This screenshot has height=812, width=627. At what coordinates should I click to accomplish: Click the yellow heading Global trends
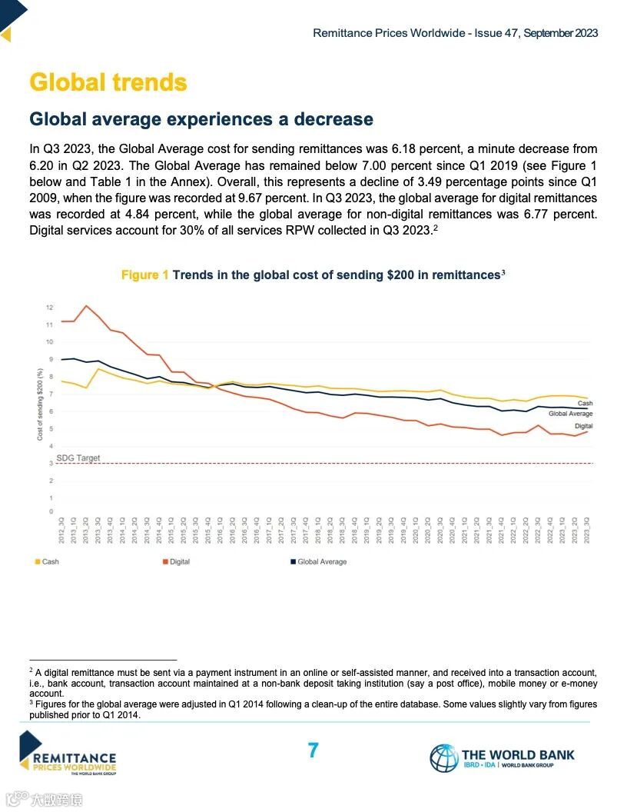[x=108, y=82]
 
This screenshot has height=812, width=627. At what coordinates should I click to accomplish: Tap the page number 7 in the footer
[x=313, y=750]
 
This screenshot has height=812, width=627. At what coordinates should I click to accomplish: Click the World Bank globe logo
[x=443, y=757]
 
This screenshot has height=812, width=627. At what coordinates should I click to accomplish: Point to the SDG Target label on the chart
[x=78, y=458]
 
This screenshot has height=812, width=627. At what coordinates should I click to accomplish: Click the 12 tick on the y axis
[x=49, y=308]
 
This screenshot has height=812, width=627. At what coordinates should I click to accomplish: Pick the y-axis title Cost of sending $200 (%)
[x=40, y=404]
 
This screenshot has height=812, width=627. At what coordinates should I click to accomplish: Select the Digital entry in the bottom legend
[x=176, y=561]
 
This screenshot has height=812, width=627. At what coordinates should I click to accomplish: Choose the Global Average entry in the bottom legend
[x=318, y=561]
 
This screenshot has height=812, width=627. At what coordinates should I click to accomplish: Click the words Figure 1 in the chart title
[x=144, y=275]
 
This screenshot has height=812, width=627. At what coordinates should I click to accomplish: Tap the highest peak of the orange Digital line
[x=86, y=306]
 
